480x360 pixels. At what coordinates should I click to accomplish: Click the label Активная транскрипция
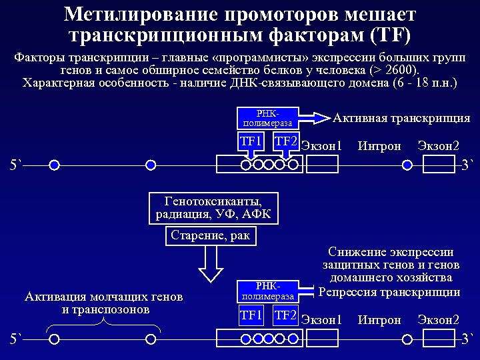(401, 118)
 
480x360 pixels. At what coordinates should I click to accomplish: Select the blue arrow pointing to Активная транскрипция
(313, 118)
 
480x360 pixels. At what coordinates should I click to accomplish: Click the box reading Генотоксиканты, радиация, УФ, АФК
(213, 207)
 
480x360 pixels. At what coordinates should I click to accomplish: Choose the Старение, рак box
(210, 235)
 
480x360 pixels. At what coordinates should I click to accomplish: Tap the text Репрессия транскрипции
(389, 292)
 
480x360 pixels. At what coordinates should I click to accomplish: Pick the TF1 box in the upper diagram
(251, 141)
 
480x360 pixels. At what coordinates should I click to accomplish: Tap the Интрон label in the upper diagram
(379, 145)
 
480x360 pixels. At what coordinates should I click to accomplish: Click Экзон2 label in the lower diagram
(438, 320)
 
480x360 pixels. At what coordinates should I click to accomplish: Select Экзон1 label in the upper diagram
(321, 145)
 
